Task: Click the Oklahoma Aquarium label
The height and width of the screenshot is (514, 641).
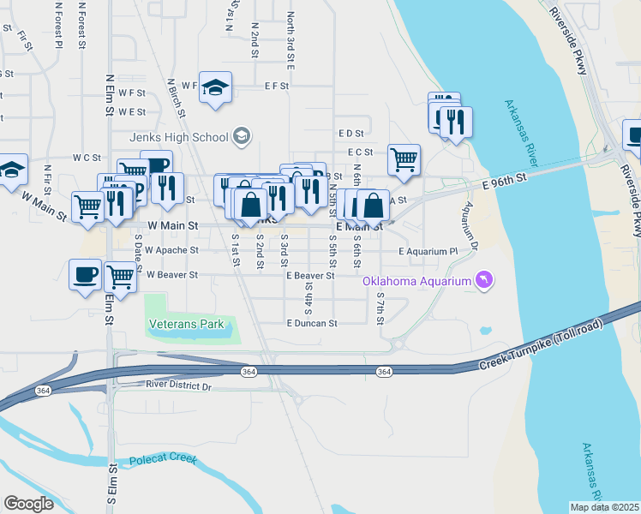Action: pos(416,281)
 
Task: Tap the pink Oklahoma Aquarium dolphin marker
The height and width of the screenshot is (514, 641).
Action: pos(485,280)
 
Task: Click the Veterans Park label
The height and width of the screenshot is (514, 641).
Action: pos(186,324)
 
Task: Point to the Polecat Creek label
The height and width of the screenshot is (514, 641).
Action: pos(163,461)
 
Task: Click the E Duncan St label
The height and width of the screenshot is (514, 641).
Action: pos(312,324)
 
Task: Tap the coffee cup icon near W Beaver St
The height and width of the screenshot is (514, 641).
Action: pos(85,274)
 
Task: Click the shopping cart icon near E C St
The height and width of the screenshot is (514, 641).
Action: pos(404,158)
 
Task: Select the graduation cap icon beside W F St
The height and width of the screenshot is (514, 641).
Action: pos(216,86)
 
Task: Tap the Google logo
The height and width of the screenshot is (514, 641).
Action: pos(27,504)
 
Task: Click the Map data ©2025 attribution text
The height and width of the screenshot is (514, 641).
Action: pos(604,507)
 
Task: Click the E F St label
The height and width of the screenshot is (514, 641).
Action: pos(277,86)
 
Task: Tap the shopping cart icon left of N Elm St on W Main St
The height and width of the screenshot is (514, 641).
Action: pos(87,206)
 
